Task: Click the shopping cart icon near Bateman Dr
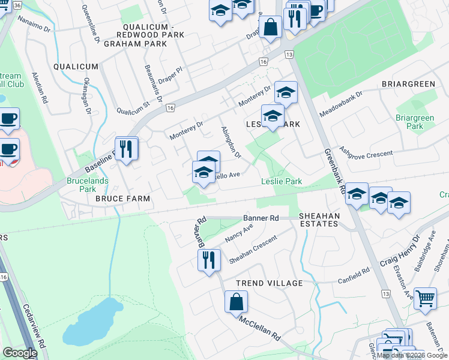coord(425,297)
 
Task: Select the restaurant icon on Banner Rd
coord(208,260)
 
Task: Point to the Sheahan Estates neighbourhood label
coord(319,220)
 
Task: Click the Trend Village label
coord(269,283)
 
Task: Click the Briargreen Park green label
coord(415,122)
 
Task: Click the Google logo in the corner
coord(20,353)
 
